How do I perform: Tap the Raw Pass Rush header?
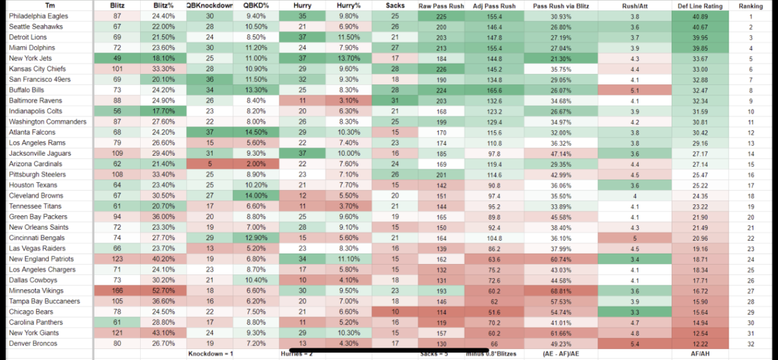pyautogui.click(x=442, y=5)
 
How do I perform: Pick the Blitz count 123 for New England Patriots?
pyautogui.click(x=117, y=259)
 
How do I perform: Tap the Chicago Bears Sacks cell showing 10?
pyautogui.click(x=395, y=311)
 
